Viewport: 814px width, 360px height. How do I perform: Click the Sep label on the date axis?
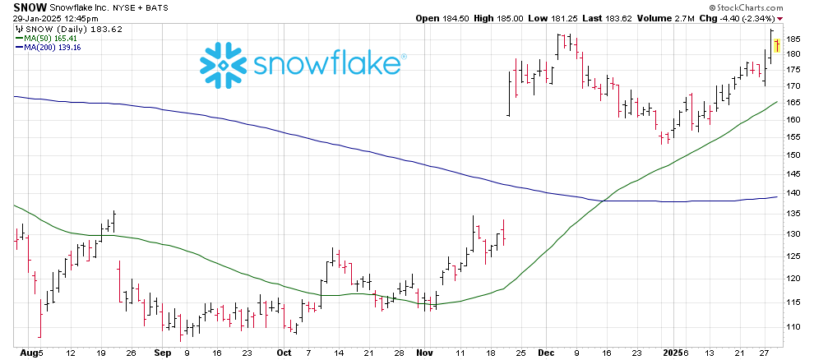click(161, 353)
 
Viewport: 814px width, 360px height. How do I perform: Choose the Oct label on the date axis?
click(284, 353)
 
